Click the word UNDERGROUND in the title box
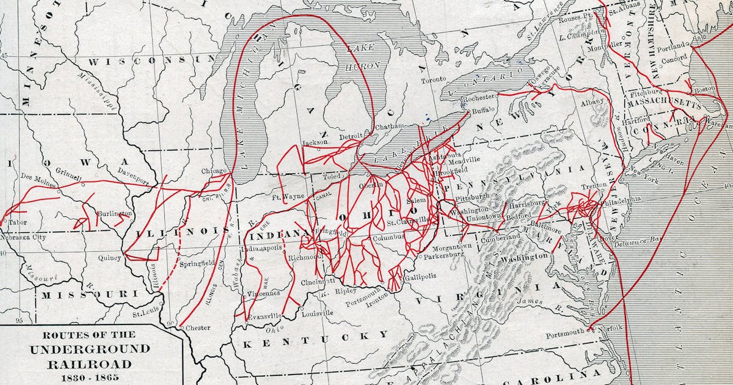click(x=90, y=350)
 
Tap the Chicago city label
click(x=214, y=172)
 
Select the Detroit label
click(x=351, y=135)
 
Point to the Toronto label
click(x=434, y=79)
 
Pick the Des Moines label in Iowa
click(x=35, y=177)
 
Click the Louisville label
click(x=317, y=313)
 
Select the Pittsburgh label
click(x=473, y=197)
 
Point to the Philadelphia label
click(x=621, y=199)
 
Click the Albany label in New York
click(x=592, y=101)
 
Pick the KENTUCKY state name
click(x=315, y=337)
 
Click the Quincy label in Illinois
click(x=109, y=258)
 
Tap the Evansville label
click(x=264, y=316)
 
